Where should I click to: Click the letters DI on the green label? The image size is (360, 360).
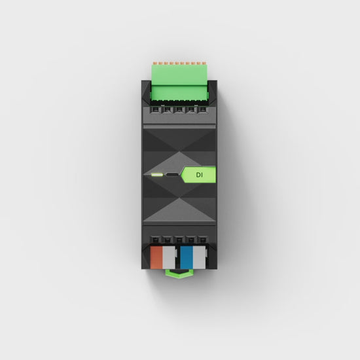coord(199,175)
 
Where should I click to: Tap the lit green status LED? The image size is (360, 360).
coord(157,175)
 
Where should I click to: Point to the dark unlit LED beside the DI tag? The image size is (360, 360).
coord(172,175)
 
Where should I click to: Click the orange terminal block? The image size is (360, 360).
coord(156,257)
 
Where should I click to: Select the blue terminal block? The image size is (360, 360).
coord(187,257)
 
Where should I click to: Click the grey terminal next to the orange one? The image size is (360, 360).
coord(169,257)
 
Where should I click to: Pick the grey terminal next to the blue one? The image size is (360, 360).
coord(199,257)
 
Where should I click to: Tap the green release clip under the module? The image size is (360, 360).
coord(179,274)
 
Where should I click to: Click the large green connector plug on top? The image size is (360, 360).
coord(179,82)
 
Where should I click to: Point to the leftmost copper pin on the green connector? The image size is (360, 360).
coord(155,63)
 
